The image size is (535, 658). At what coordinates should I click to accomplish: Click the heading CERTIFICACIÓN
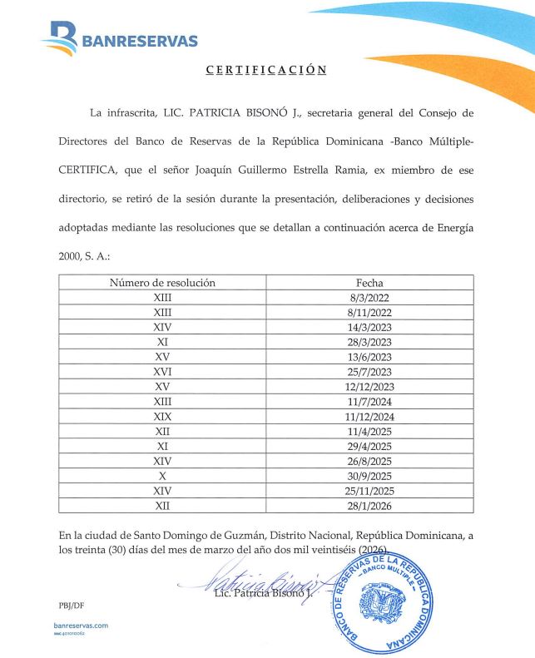click(266, 70)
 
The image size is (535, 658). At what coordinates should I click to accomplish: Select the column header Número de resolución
click(162, 283)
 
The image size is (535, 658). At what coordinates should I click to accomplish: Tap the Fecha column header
click(369, 283)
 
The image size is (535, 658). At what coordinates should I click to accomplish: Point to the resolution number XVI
click(162, 372)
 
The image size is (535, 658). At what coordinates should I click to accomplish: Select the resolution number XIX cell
click(162, 416)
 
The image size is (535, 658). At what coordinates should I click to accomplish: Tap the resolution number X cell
click(162, 476)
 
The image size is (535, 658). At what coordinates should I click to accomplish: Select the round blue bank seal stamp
click(384, 601)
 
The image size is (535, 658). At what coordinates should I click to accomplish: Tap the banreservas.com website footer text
click(80, 625)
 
